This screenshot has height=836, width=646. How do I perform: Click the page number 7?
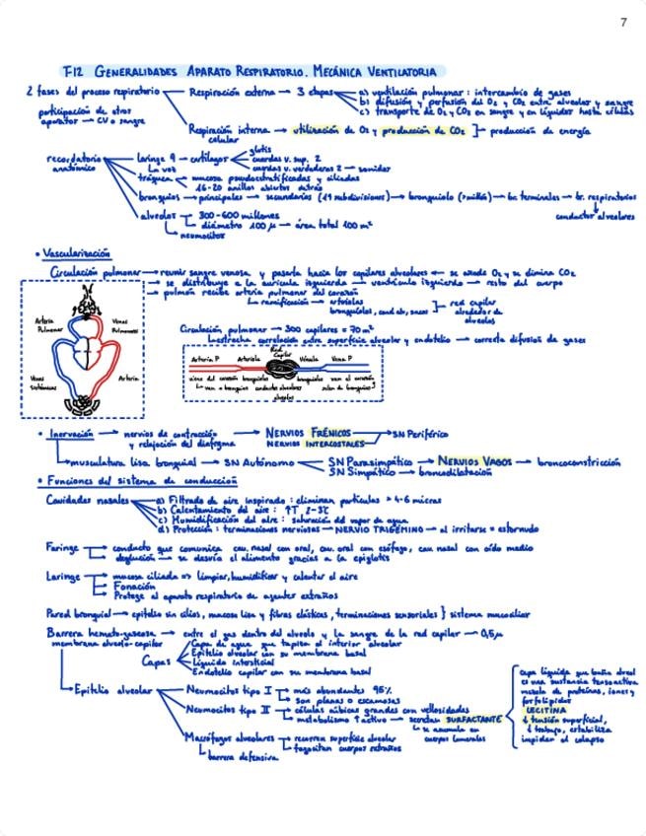click(x=622, y=23)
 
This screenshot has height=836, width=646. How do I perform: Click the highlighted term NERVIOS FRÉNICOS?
click(x=314, y=433)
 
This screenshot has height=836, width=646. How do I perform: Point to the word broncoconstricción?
click(x=580, y=461)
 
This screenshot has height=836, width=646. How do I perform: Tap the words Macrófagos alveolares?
click(x=229, y=736)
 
